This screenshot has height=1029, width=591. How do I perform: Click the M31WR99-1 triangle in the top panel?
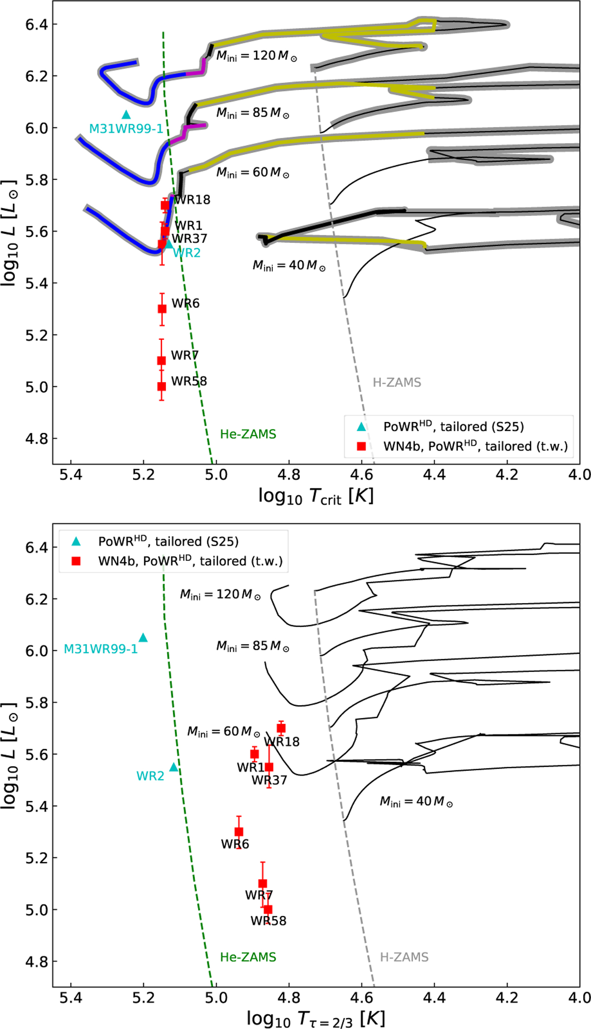coord(126,115)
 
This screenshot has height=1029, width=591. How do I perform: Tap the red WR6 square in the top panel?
coord(162,309)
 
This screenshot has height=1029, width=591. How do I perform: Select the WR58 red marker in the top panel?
coord(162,387)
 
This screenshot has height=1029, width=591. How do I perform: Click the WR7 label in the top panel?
coord(185,355)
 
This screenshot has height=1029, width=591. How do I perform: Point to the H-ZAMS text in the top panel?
coord(396,383)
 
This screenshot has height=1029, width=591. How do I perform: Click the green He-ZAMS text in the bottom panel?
coord(248,957)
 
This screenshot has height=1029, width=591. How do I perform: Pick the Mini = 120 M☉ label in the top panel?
coord(257,56)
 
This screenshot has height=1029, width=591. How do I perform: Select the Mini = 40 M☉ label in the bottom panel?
coord(416,802)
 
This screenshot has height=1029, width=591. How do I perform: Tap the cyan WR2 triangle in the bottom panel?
coord(173,767)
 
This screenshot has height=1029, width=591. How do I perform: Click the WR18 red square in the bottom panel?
coord(281,728)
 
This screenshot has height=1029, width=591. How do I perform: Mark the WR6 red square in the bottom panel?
coord(239,832)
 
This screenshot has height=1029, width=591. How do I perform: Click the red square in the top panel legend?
coord(361,446)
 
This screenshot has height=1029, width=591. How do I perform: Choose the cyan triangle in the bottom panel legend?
coord(76,542)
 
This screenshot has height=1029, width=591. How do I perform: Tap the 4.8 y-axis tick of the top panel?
coord(37,439)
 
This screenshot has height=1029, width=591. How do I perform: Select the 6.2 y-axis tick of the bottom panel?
coord(37,599)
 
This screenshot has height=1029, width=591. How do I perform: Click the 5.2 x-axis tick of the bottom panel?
coord(143,998)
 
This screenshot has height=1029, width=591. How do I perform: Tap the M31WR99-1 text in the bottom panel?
coord(101,649)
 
